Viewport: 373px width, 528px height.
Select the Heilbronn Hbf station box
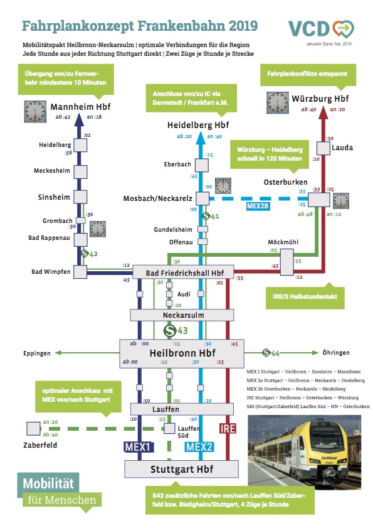181,353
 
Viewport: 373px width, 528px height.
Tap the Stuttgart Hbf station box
181,469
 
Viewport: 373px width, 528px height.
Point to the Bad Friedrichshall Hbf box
181,272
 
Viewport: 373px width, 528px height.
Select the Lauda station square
322,148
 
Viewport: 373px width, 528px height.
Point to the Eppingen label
37,353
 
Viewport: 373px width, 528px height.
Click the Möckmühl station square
286,262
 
